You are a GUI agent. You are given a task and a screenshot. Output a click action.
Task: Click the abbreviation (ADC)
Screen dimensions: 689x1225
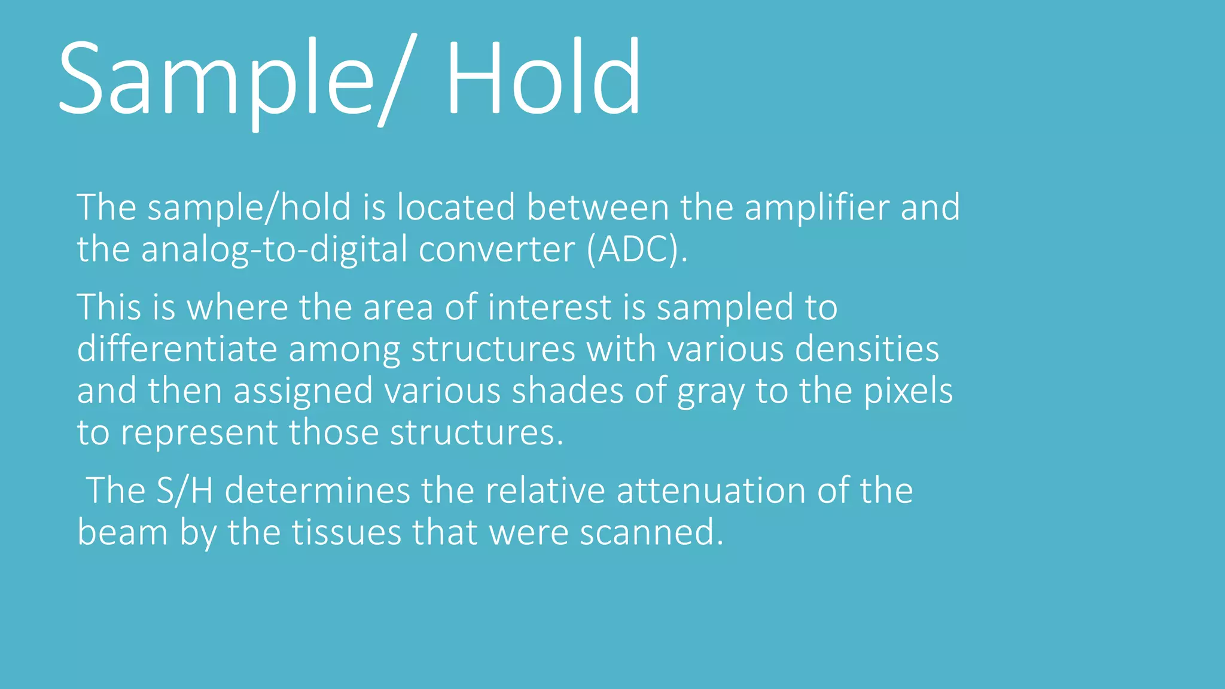pyautogui.click(x=637, y=249)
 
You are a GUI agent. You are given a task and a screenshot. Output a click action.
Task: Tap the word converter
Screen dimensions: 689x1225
pyautogui.click(x=496, y=249)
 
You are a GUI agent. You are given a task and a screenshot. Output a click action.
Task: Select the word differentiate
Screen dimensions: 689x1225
pyautogui.click(x=177, y=349)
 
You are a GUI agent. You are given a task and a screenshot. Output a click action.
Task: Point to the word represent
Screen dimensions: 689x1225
pyautogui.click(x=199, y=433)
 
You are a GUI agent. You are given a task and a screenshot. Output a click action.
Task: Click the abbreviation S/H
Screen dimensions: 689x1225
pyautogui.click(x=184, y=491)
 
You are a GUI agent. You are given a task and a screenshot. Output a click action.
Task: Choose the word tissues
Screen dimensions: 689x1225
pyautogui.click(x=346, y=532)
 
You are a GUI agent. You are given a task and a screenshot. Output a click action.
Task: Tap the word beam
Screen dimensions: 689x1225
pyautogui.click(x=123, y=532)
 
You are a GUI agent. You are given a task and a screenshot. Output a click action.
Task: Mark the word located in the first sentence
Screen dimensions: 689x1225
pyautogui.click(x=456, y=208)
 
